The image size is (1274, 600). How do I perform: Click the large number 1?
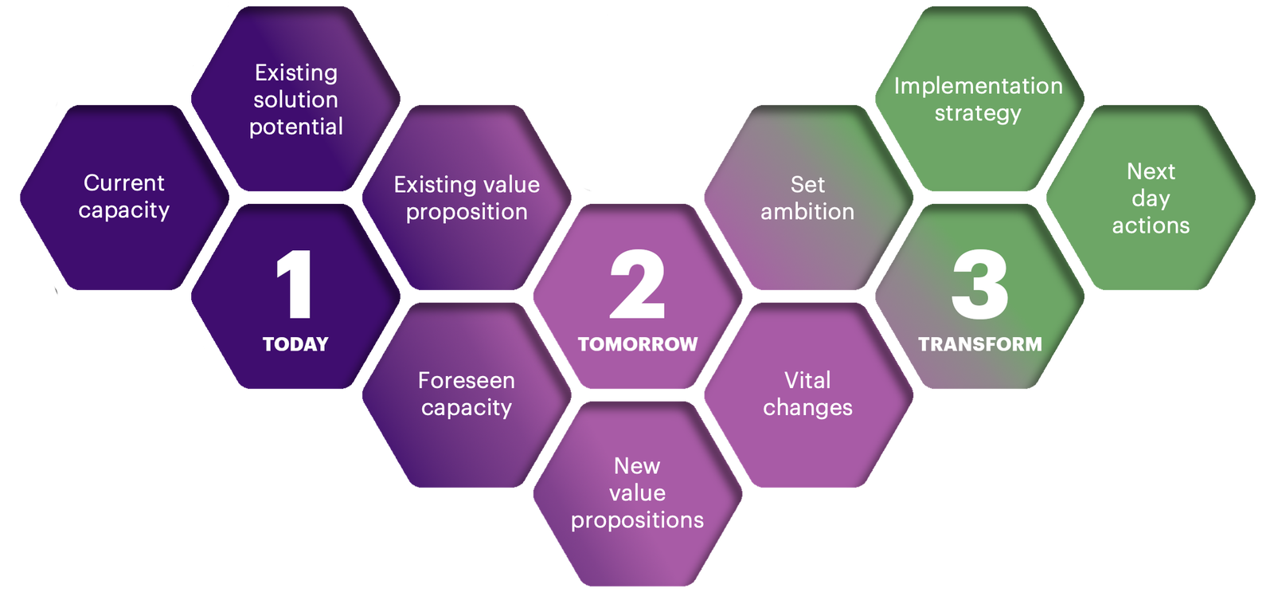295,284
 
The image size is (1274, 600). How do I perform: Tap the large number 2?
637,284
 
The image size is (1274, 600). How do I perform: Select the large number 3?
979,284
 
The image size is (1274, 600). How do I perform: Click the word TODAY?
295,344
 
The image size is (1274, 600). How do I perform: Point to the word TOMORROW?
638,344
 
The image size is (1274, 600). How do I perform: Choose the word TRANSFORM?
980,344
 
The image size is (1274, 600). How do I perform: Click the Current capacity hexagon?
124,197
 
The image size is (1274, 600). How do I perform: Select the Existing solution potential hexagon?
295,99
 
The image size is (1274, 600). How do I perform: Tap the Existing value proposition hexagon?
467,198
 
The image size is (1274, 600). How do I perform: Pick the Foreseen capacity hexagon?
467,394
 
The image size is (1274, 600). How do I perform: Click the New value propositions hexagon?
637,493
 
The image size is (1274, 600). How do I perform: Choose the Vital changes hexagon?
808,394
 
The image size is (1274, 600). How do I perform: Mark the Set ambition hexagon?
808,198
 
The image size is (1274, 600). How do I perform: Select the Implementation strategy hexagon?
979,99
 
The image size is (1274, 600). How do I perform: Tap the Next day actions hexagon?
1151,198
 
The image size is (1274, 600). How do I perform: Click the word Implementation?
979,86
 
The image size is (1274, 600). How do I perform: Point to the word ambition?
807,212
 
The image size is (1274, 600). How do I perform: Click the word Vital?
807,381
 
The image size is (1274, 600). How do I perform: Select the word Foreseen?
467,381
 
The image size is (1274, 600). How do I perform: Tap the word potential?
296,127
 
